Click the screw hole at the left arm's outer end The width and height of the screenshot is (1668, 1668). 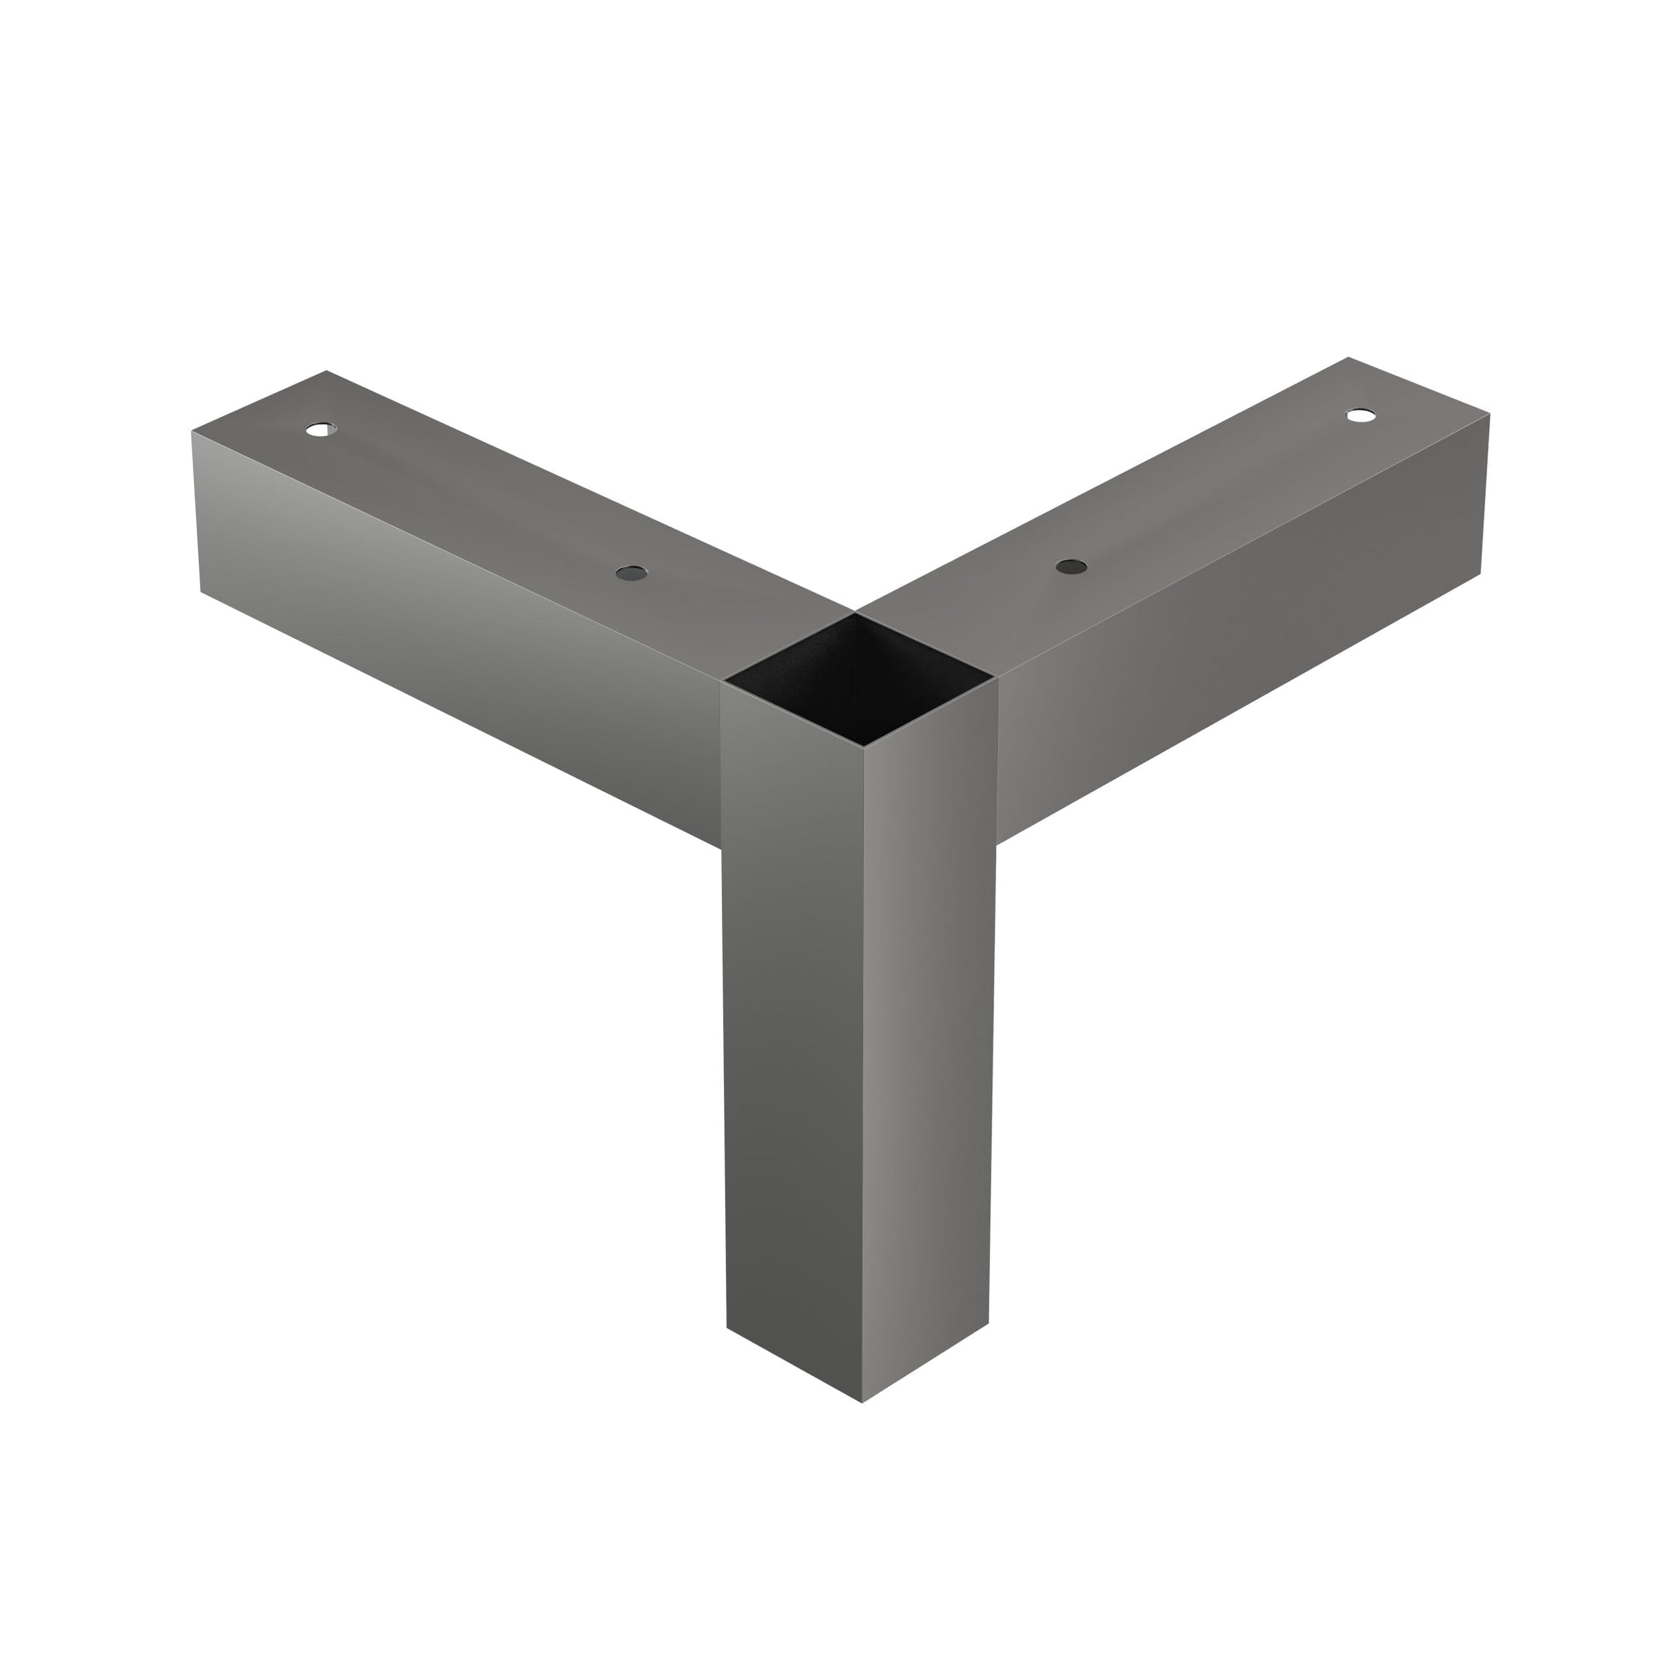[320, 428]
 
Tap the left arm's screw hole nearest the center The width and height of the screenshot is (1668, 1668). [631, 572]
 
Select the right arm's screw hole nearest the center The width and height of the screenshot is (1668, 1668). [1072, 566]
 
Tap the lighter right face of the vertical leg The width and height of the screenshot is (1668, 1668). [929, 1036]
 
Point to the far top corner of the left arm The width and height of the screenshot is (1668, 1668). [326, 370]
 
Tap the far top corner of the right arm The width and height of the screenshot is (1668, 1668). [1348, 356]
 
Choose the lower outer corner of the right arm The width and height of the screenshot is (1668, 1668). [1481, 573]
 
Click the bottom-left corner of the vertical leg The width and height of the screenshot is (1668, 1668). [727, 1327]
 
